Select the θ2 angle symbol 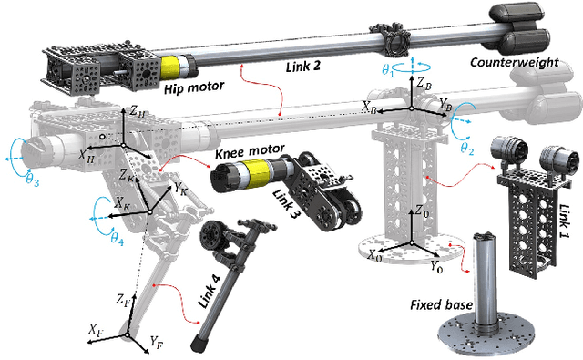[x=466, y=146]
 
